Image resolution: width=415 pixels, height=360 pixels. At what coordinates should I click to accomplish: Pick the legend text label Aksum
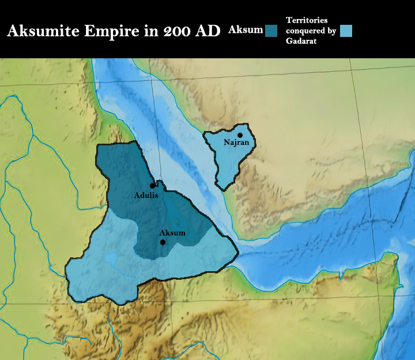point(246,29)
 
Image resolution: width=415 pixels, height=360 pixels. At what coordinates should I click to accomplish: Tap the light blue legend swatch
point(346,31)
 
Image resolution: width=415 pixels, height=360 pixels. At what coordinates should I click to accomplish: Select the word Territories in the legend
point(307,20)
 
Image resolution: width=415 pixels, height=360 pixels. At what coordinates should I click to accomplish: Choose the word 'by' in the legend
point(331,31)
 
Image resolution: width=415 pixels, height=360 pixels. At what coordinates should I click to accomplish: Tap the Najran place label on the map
point(236,142)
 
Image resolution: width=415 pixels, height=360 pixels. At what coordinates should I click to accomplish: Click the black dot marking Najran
point(240,135)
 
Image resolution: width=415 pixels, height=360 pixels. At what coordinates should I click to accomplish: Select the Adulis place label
point(146,195)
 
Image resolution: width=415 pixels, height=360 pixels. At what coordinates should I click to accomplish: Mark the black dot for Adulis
point(152,186)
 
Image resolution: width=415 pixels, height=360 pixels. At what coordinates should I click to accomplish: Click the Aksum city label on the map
point(172,233)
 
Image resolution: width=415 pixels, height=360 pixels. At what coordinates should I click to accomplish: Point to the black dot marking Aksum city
point(163,242)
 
